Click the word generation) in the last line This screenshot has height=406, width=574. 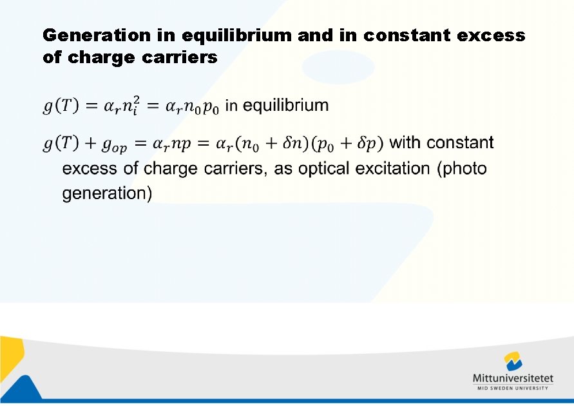click(107, 193)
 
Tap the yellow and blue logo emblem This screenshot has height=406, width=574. click(513, 361)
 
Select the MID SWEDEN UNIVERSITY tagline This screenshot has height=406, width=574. click(512, 388)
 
